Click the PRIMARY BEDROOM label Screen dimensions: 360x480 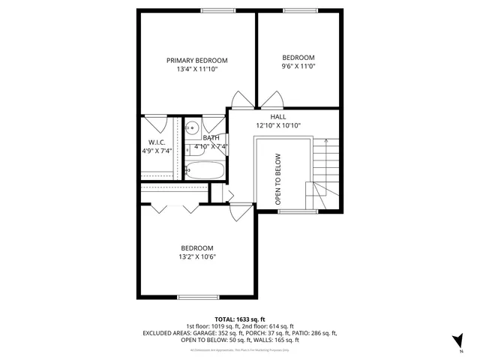196,61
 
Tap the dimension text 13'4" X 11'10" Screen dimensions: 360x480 196,70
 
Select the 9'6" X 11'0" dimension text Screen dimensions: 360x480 298,67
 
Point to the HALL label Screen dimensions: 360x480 277,117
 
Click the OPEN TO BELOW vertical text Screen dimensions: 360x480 277,179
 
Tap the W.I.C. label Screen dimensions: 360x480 156,142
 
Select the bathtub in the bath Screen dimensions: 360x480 204,170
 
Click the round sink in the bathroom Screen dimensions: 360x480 191,127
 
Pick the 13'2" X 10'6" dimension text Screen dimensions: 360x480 196,257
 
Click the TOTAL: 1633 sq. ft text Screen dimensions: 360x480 240,319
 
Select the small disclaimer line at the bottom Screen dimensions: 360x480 240,350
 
